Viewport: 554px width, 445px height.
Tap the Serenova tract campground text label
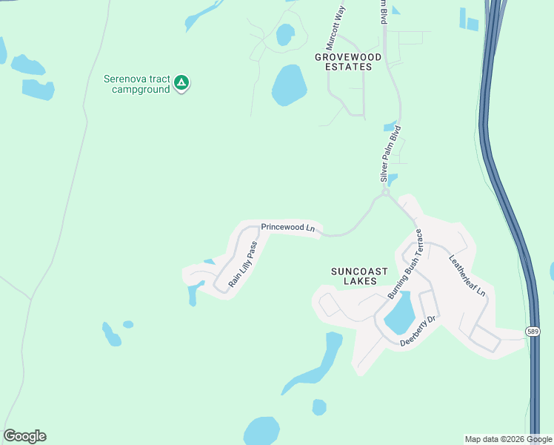(137, 84)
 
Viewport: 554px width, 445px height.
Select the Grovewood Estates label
(348, 62)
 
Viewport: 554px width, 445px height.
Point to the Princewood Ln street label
(289, 228)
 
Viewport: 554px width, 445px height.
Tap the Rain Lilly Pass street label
(243, 265)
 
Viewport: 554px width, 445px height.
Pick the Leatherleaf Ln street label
(467, 275)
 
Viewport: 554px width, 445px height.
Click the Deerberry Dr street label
(420, 332)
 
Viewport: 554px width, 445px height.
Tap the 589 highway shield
(533, 331)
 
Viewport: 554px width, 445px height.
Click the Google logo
(24, 436)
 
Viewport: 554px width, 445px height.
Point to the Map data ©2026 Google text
(508, 439)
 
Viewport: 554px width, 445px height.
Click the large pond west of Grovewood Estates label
(289, 85)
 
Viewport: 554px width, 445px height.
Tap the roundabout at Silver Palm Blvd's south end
(385, 193)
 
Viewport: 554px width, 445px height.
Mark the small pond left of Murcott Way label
(284, 34)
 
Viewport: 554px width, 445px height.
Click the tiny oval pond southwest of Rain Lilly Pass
(128, 324)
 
